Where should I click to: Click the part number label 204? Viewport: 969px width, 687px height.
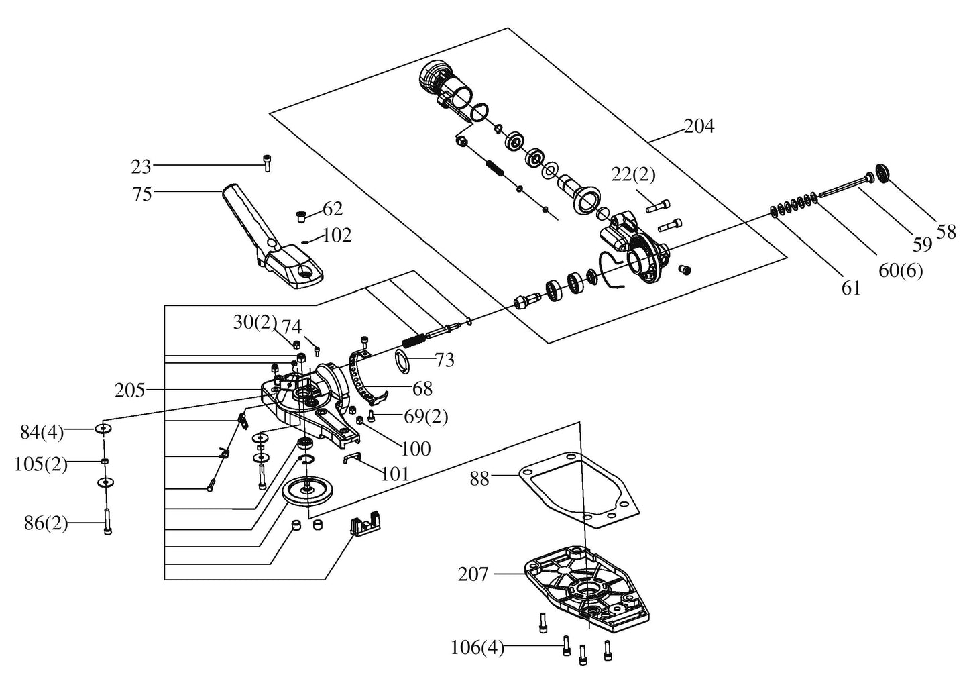click(x=699, y=126)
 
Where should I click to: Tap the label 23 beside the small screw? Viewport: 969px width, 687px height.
click(x=141, y=166)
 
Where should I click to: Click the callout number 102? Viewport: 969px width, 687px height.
click(x=337, y=235)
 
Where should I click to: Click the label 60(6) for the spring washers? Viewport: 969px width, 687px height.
click(x=901, y=272)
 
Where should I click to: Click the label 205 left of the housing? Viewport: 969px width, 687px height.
click(x=129, y=390)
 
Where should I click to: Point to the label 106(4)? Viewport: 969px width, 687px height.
click(x=477, y=649)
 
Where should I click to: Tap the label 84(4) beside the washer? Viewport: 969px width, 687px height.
click(x=42, y=433)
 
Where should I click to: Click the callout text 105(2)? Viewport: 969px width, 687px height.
click(x=41, y=465)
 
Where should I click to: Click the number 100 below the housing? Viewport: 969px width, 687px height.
click(x=416, y=449)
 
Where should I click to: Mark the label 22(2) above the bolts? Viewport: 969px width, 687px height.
click(x=633, y=175)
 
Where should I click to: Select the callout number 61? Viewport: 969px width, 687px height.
click(x=851, y=288)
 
